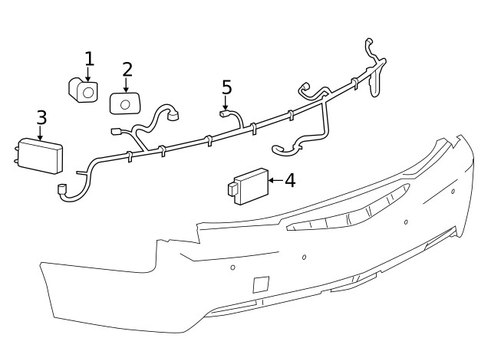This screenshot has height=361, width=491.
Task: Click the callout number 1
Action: pyautogui.click(x=89, y=58)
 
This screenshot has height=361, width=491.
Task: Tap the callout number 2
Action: pyautogui.click(x=127, y=69)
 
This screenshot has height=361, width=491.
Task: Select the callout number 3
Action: pyautogui.click(x=41, y=117)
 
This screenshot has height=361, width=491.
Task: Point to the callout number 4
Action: pyautogui.click(x=289, y=181)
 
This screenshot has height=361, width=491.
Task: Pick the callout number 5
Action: pyautogui.click(x=226, y=87)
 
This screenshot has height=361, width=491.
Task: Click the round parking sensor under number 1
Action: pyautogui.click(x=85, y=91)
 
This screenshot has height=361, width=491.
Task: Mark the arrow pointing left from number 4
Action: pyautogui.click(x=275, y=181)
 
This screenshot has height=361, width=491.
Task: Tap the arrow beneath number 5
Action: pyautogui.click(x=226, y=103)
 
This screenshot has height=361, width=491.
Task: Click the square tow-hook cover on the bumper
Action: pyautogui.click(x=261, y=284)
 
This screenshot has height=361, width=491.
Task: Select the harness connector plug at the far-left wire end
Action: pyautogui.click(x=63, y=190)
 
